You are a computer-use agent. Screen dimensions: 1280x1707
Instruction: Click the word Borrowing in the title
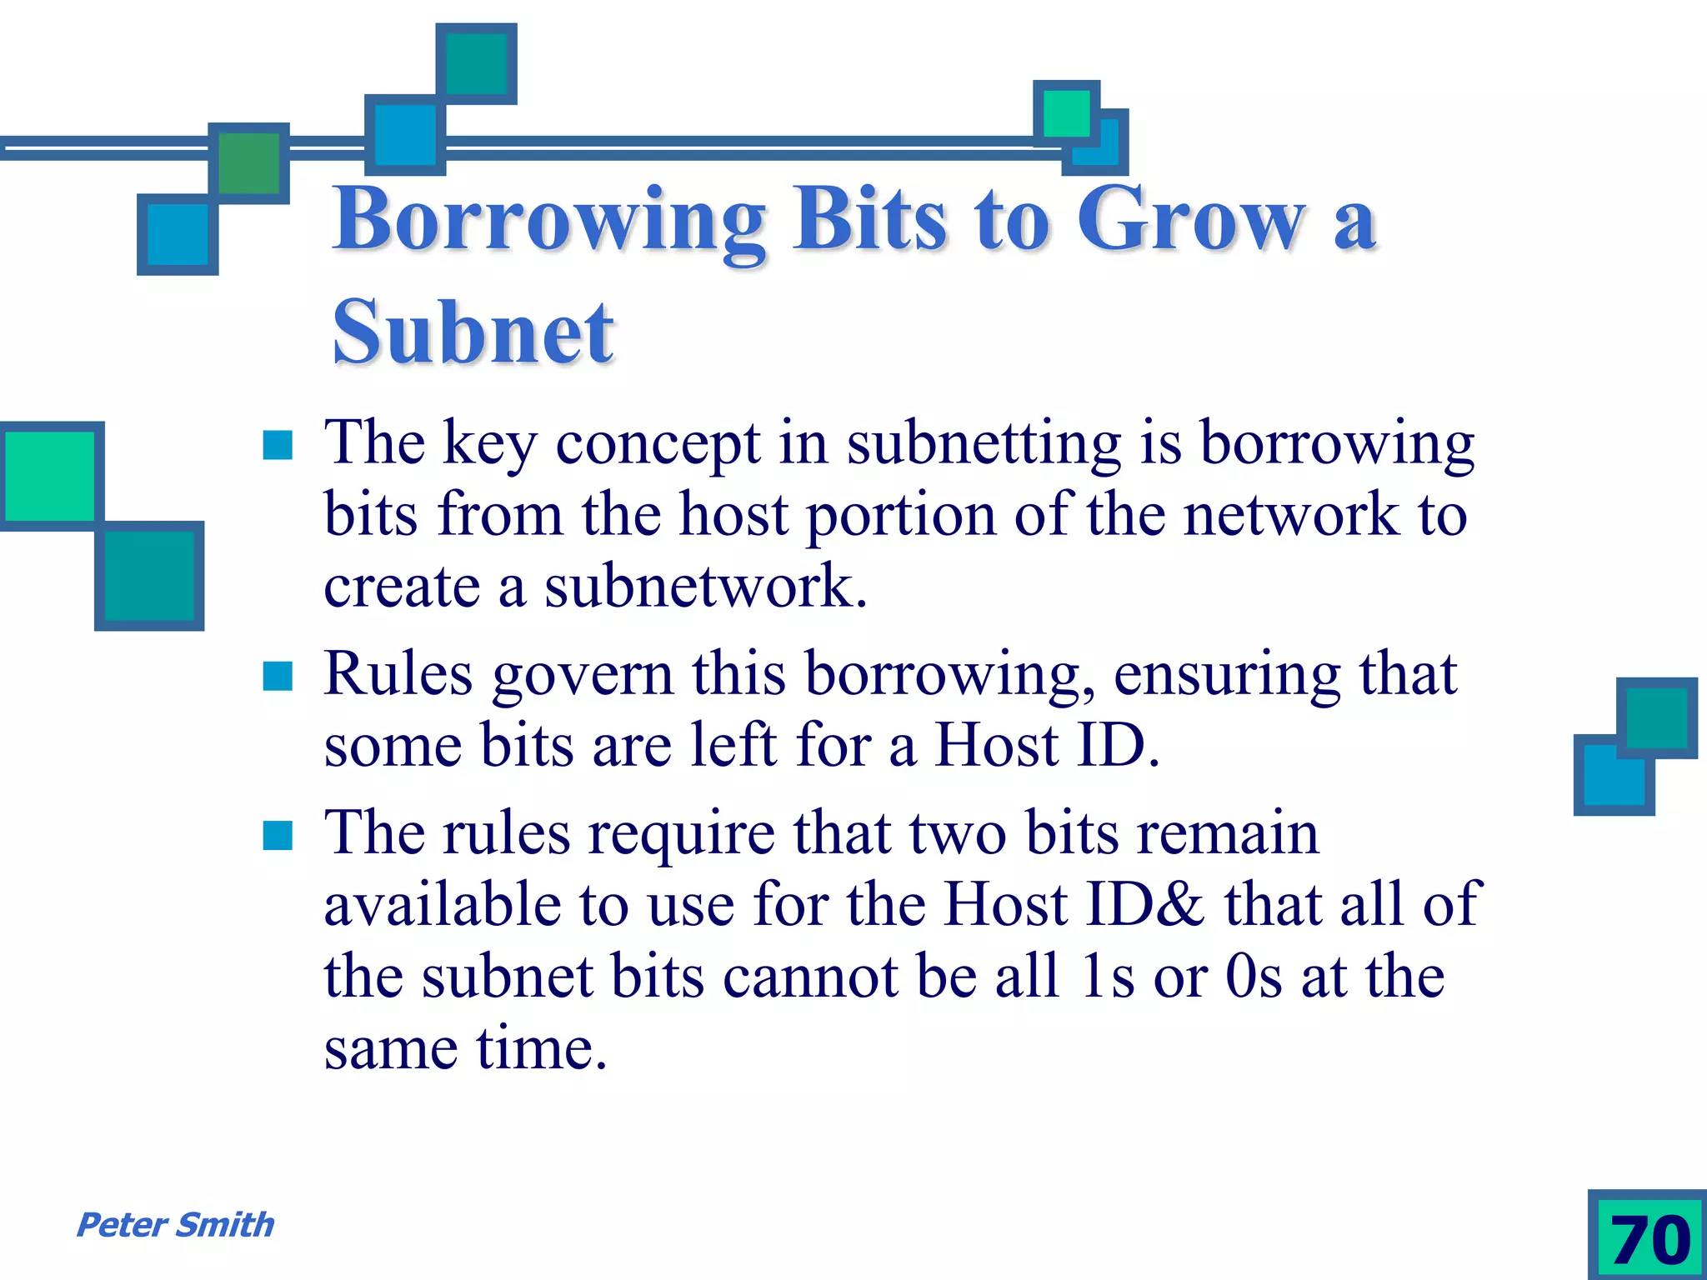[549, 220]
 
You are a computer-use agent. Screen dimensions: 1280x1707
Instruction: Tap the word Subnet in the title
[473, 333]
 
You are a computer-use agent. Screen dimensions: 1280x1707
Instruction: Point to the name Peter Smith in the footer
[175, 1225]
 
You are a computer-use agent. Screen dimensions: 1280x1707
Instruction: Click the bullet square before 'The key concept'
[278, 446]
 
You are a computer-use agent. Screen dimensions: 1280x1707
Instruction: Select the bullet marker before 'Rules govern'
[278, 677]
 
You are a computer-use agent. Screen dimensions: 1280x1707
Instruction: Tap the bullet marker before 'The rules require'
[278, 836]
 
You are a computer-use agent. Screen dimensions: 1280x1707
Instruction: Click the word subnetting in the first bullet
[984, 443]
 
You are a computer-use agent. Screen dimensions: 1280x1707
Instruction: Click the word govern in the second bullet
[582, 675]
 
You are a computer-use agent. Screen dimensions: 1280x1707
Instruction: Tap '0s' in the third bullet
[1254, 977]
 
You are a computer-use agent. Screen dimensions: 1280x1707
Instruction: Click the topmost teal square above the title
[476, 63]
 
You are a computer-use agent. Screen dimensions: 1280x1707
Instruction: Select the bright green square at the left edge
[50, 476]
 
